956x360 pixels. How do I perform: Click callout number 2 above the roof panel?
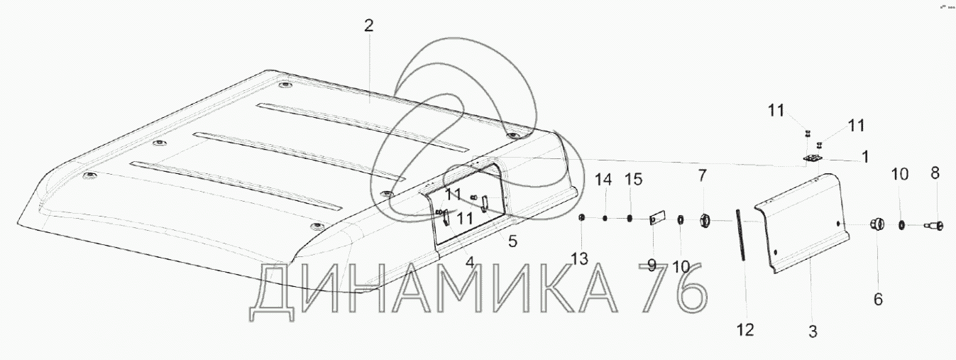(x=368, y=26)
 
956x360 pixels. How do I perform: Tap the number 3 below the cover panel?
(x=813, y=331)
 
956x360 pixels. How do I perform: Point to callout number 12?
(x=745, y=329)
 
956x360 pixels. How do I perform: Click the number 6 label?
(x=878, y=300)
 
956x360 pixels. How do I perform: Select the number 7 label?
(x=702, y=175)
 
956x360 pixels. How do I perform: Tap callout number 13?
(x=580, y=259)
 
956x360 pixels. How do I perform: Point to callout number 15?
(x=633, y=180)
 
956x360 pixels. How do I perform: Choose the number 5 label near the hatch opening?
(x=512, y=241)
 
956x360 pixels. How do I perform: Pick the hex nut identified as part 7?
(x=705, y=221)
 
